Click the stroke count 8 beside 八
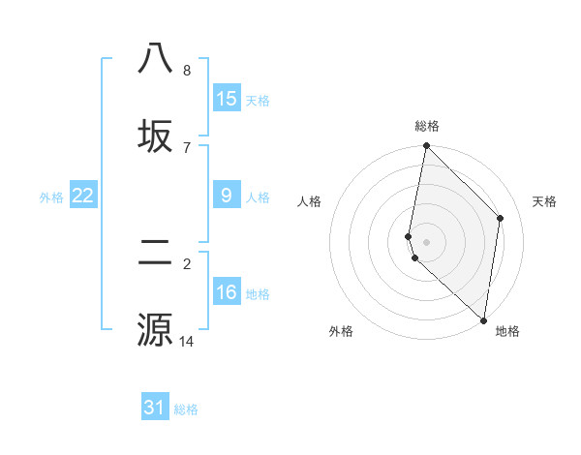click(186, 71)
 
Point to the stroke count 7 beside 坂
click(186, 148)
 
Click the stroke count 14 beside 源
click(186, 341)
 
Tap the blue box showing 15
click(227, 99)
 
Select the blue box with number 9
click(227, 196)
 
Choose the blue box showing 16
click(227, 292)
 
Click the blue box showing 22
click(83, 196)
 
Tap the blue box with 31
click(155, 408)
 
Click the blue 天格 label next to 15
click(258, 101)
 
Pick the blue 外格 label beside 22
click(51, 197)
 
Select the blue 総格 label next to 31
click(186, 409)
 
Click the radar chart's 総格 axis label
click(427, 126)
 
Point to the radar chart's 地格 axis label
click(507, 331)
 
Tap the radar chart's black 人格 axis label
click(310, 201)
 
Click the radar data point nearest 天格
click(501, 218)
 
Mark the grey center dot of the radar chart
click(427, 241)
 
